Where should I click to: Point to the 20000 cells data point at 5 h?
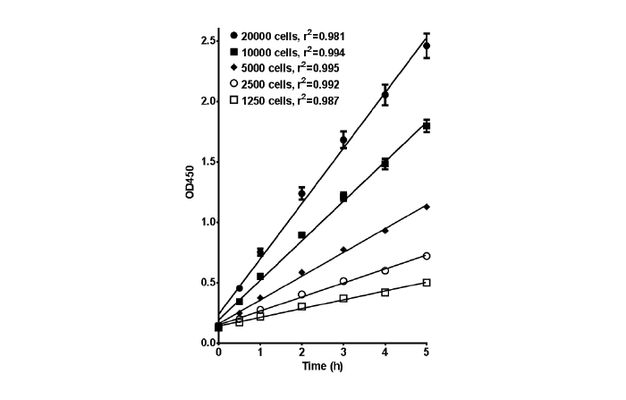tap(427, 46)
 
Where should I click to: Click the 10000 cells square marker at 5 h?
tap(427, 126)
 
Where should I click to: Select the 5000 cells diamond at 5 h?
tap(427, 207)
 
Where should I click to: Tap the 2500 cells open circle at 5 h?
tap(427, 256)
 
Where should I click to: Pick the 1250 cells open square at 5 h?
tap(427, 283)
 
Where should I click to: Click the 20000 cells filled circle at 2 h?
tap(302, 193)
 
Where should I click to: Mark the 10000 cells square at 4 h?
tap(385, 164)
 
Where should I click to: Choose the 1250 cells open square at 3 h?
tap(343, 298)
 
